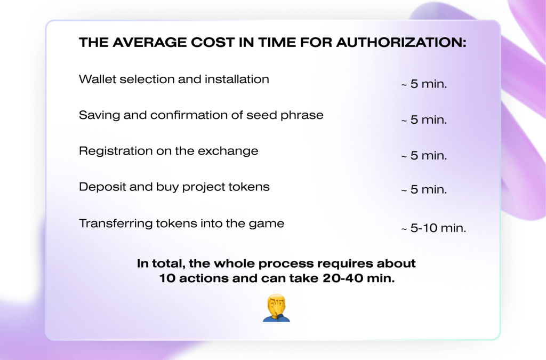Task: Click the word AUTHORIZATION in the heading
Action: [x=401, y=43]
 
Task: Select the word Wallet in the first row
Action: [x=97, y=79]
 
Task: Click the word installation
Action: [x=237, y=79]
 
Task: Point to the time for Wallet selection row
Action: [x=424, y=84]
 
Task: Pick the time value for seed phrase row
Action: [x=424, y=120]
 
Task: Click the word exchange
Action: [x=228, y=151]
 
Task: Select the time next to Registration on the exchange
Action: [x=424, y=156]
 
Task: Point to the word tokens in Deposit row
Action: [x=248, y=187]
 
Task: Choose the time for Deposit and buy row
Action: [x=424, y=190]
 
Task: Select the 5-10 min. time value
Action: [x=433, y=228]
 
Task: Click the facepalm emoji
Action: [x=276, y=308]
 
